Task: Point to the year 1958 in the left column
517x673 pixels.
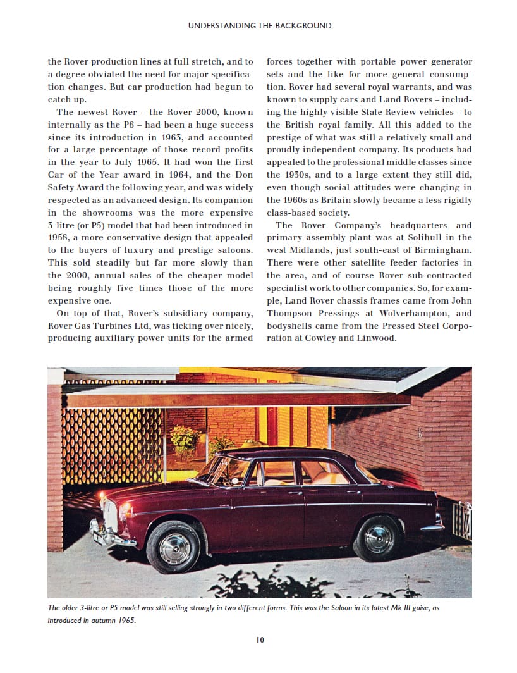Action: [x=58, y=238]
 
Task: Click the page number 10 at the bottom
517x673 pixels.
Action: [x=260, y=639]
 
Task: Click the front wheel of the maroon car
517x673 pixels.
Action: [x=174, y=547]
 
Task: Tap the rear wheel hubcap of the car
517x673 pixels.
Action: [x=378, y=538]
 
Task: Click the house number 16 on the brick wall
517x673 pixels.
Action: [x=418, y=433]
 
